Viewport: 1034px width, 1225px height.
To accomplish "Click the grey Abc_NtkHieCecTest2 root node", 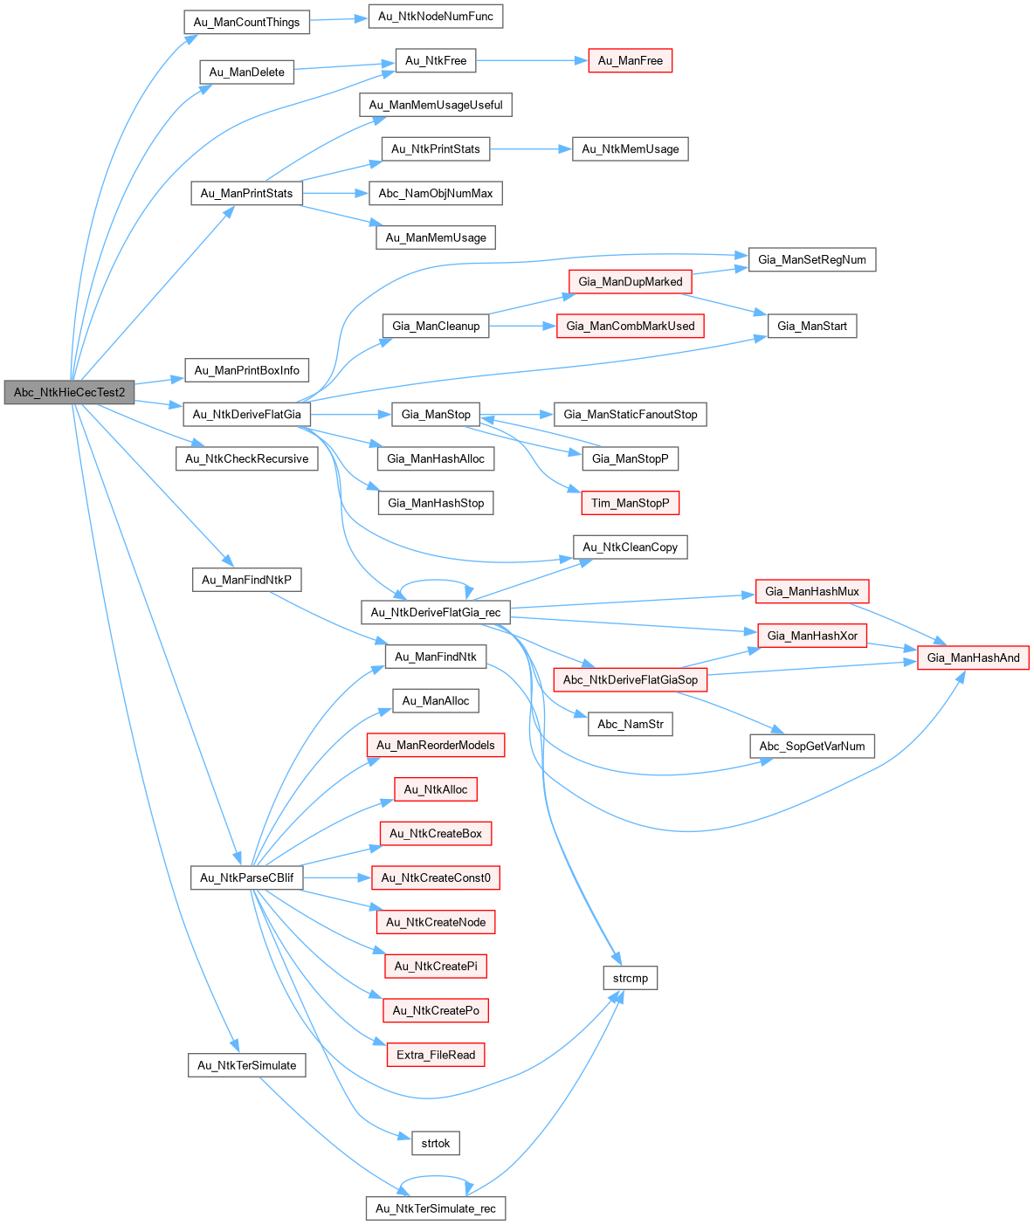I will (69, 392).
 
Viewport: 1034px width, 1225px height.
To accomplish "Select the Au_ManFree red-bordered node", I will (630, 60).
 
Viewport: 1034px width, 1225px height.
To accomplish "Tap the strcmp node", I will (630, 978).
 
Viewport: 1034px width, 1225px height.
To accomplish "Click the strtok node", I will (435, 1143).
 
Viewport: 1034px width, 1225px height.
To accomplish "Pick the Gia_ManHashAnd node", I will (973, 657).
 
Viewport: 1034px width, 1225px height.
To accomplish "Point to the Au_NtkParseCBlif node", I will (246, 877).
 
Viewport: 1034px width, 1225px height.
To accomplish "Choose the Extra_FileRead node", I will (435, 1055).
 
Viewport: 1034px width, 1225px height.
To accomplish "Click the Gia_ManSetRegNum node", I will (811, 259).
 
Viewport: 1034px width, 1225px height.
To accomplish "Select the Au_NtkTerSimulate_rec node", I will (435, 1208).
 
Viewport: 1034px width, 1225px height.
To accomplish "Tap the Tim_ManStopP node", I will (630, 503).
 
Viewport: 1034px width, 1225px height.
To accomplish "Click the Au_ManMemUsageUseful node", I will (435, 105).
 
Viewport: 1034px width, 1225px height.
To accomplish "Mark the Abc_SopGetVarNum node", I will (811, 746).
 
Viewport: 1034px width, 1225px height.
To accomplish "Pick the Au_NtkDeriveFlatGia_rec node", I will (435, 612).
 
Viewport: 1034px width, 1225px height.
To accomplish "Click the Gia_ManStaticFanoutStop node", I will (630, 414).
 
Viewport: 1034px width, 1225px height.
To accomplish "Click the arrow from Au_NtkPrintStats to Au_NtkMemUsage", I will (531, 149).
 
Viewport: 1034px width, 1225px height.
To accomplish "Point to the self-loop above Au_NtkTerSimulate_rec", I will (435, 1175).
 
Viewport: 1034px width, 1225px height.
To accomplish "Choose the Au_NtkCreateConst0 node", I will (435, 877).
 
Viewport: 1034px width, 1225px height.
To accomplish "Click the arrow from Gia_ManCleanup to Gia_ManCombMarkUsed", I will (523, 326).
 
